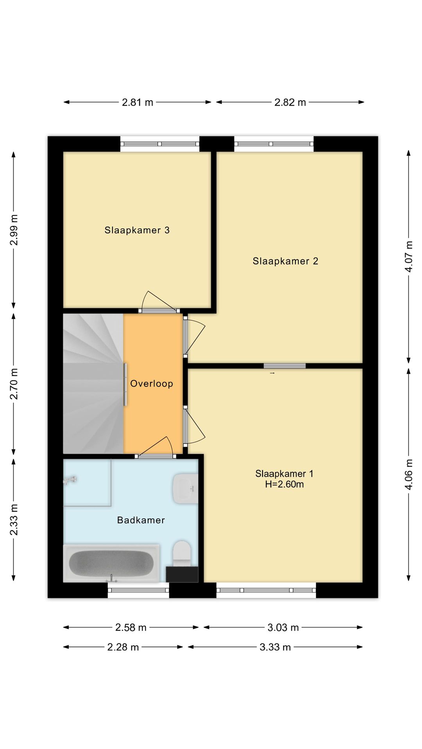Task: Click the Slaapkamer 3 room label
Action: pyautogui.click(x=137, y=230)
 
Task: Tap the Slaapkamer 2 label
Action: pyautogui.click(x=285, y=261)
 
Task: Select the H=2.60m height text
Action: pyautogui.click(x=284, y=484)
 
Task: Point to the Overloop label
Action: pyautogui.click(x=152, y=384)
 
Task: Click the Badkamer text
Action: pyautogui.click(x=141, y=520)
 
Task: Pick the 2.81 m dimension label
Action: pyautogui.click(x=138, y=103)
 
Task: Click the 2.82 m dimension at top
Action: pyautogui.click(x=290, y=103)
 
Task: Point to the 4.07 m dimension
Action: pyautogui.click(x=409, y=256)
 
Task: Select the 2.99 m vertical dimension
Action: pyautogui.click(x=14, y=230)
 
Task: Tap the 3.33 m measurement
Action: pyautogui.click(x=275, y=647)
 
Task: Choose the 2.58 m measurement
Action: pyautogui.click(x=131, y=628)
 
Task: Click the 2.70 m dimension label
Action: pyautogui.click(x=14, y=384)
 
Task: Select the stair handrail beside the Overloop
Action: pyautogui.click(x=125, y=385)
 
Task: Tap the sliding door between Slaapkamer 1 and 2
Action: pyautogui.click(x=284, y=366)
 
